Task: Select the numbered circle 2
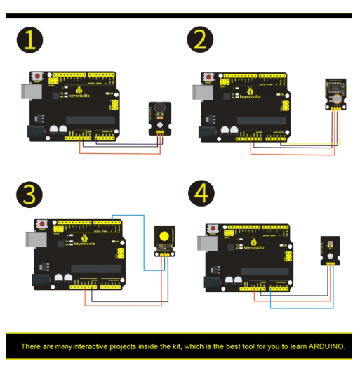point(200,41)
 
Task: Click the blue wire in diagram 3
point(143,239)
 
